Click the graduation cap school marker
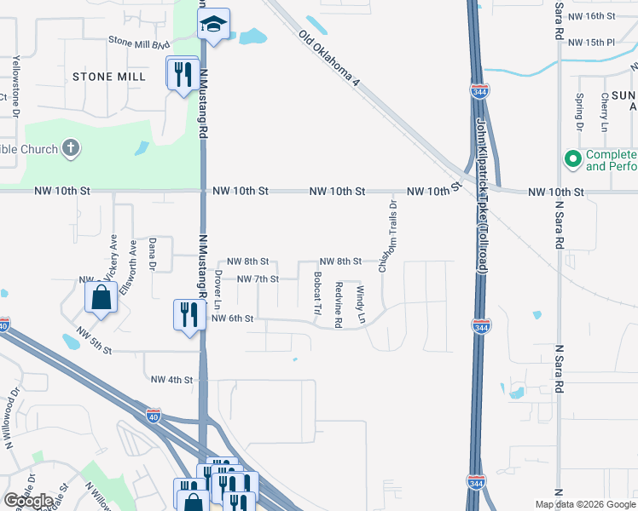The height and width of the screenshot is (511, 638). pos(214,26)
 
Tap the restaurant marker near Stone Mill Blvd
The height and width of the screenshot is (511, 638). pos(183,73)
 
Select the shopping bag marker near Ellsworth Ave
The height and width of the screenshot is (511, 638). pos(101,298)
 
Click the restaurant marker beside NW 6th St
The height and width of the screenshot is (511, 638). pos(188,314)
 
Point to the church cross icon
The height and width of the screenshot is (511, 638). pos(72,149)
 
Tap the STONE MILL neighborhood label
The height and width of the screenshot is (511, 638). pos(103,77)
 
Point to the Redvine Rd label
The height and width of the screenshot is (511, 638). pos(339,304)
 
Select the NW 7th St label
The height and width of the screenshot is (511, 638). pos(258,278)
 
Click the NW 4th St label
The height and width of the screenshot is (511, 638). pos(171,379)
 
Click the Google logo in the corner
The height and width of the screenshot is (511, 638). pos(28,500)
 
